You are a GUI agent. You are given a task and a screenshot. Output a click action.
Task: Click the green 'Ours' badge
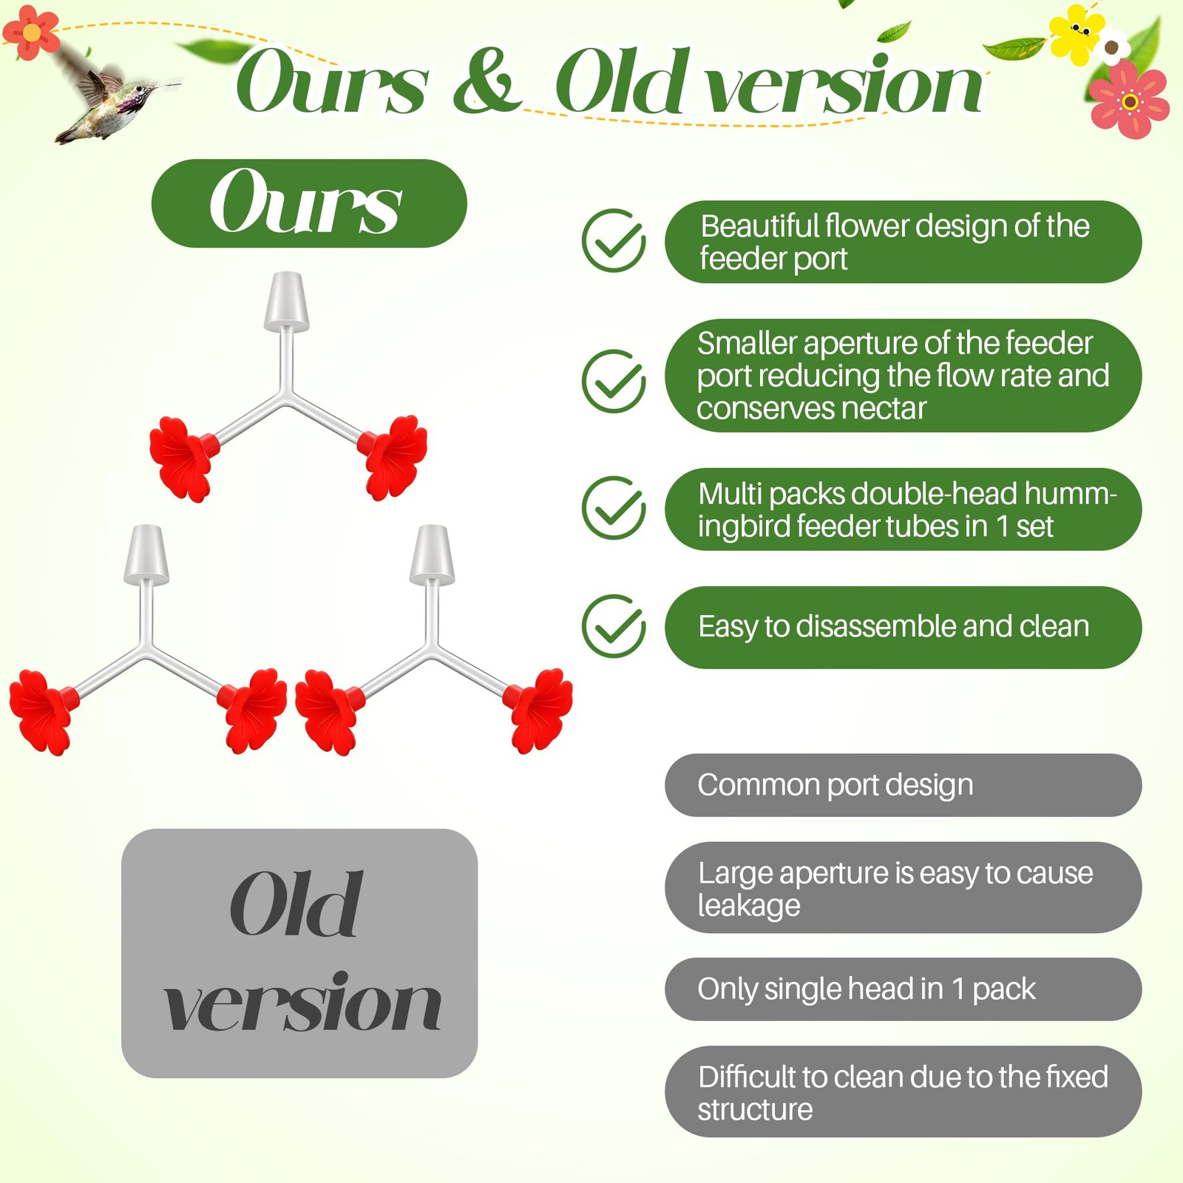coord(309,203)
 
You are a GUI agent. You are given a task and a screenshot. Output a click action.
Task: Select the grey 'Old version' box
coord(299,953)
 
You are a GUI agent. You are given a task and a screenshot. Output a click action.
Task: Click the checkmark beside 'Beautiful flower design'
coord(614,240)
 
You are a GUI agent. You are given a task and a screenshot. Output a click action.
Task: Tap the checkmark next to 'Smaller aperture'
coord(614,381)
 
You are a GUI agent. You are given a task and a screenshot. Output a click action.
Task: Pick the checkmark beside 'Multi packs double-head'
coord(614,508)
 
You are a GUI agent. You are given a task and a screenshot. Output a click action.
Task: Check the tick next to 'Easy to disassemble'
coord(614,626)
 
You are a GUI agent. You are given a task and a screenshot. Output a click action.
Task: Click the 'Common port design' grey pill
coord(903,785)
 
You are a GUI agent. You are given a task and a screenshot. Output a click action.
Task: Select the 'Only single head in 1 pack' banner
coord(903,989)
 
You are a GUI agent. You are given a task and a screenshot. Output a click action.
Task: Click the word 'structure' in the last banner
coord(755,1110)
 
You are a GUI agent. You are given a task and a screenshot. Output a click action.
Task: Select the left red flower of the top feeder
coord(182,458)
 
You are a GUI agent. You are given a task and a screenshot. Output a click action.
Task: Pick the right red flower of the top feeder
coord(393,457)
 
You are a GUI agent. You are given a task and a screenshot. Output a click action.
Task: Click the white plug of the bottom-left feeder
coord(146,555)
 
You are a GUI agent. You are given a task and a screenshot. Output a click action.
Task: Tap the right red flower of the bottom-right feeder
coord(538,711)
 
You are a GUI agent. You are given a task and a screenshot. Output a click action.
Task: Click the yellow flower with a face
coord(1077,33)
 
